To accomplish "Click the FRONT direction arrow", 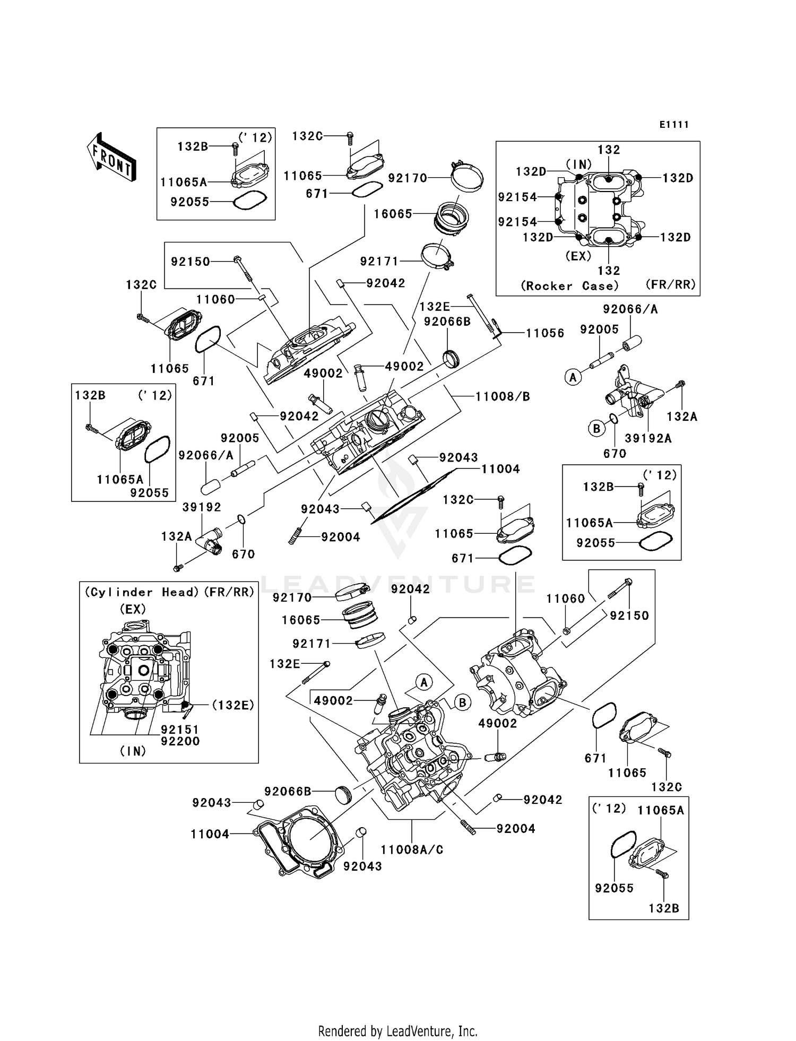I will [111, 158].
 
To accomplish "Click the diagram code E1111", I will [674, 125].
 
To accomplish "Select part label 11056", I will [545, 333].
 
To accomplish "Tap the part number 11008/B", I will [502, 396].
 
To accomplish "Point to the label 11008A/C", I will [412, 849].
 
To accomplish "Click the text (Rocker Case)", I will [569, 286].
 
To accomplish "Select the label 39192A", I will [648, 438].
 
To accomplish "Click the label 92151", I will [180, 730].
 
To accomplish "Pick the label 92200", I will [180, 741].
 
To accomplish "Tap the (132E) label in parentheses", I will [232, 705].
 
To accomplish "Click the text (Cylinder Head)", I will [142, 592].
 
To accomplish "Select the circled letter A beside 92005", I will [573, 378].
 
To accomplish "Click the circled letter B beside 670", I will [596, 428].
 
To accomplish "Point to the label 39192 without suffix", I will [201, 507].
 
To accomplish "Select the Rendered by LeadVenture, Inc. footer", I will [397, 1031].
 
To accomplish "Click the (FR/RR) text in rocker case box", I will [670, 284].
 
